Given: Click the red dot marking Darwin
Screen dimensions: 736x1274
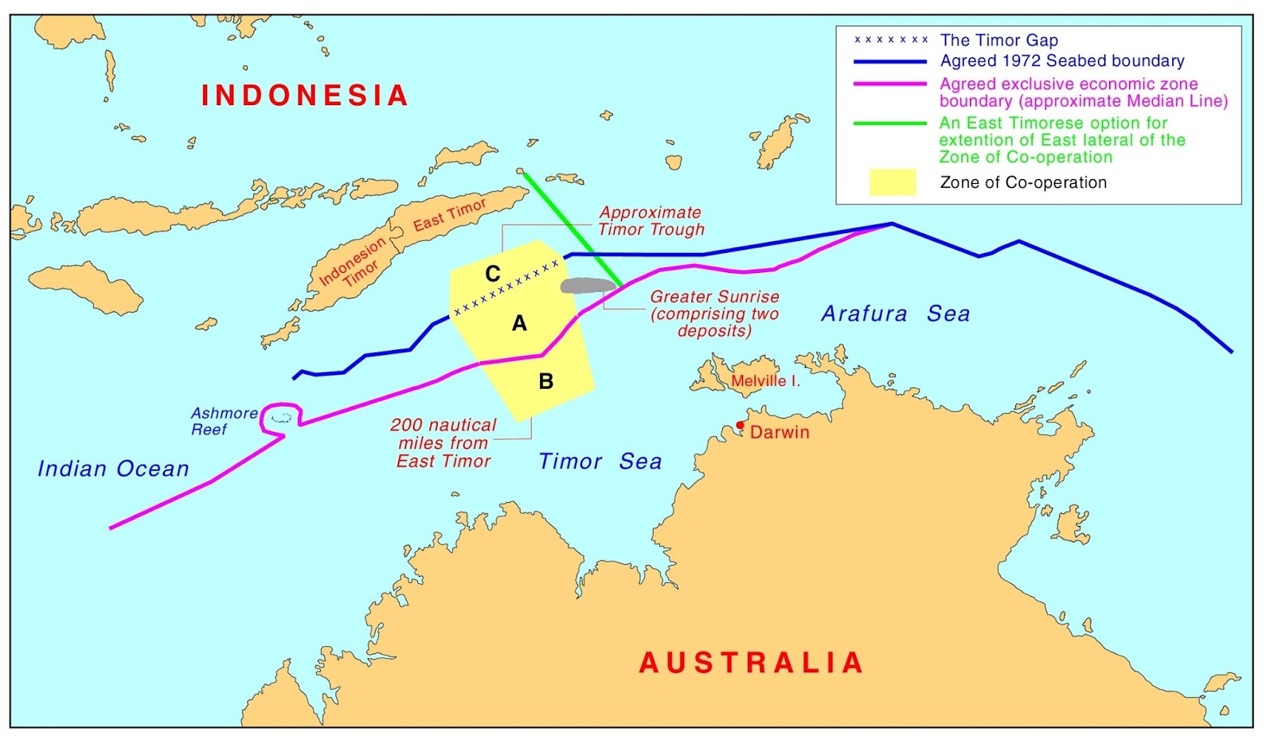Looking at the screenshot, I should (741, 425).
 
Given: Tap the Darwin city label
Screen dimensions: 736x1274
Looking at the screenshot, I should (780, 433).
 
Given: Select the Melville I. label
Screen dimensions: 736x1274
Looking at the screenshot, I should (765, 381).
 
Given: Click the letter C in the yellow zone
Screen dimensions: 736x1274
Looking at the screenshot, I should (493, 274).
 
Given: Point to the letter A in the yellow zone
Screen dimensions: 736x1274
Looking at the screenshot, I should (519, 323).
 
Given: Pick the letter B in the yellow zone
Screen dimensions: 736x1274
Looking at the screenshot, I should (546, 382).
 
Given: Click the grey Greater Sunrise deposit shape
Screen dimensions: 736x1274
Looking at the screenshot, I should (588, 285).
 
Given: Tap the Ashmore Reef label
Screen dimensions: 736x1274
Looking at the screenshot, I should (224, 421).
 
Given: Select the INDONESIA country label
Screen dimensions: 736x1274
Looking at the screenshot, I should (305, 95).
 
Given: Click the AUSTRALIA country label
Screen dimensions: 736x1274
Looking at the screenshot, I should (752, 663).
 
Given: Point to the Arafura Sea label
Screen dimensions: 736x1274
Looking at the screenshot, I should (896, 313).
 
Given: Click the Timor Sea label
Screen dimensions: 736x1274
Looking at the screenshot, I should (600, 461).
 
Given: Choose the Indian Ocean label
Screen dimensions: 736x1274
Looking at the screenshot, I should (113, 469).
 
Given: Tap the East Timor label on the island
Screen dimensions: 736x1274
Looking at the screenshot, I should (449, 215).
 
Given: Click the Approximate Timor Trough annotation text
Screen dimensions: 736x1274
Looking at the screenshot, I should (651, 221).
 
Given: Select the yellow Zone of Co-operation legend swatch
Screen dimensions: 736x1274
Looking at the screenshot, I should (892, 182).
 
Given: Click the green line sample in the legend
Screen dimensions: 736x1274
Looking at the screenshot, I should (889, 123).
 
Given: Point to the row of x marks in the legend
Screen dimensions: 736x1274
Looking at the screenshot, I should (891, 40).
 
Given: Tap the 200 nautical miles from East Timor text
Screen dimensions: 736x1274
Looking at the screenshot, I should (444, 443).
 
